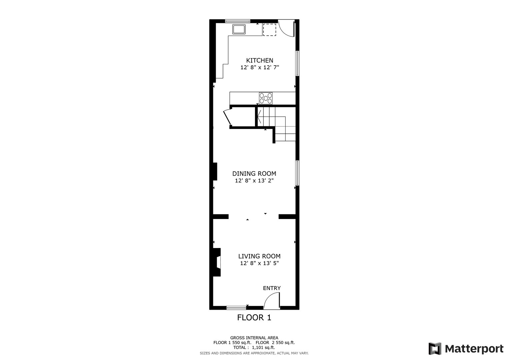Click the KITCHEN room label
(x=259, y=60)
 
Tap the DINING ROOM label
(x=254, y=174)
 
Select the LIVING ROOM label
(x=259, y=256)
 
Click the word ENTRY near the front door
(x=272, y=288)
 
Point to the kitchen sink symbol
(x=239, y=29)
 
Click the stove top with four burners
(x=266, y=98)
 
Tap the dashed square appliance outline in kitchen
(x=269, y=30)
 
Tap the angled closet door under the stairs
(x=227, y=117)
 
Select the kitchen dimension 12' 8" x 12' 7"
(x=259, y=67)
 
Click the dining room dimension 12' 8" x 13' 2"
(x=254, y=181)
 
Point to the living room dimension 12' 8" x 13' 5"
(x=259, y=263)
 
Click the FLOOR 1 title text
(x=254, y=318)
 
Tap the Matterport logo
(x=466, y=349)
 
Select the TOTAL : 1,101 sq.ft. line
(x=254, y=347)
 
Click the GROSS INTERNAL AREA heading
(x=254, y=338)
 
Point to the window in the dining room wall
(x=297, y=173)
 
